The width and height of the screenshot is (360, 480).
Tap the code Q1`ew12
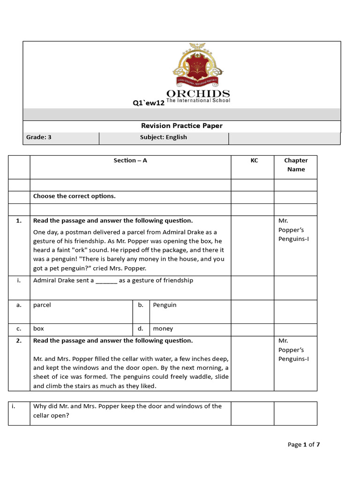point(149,103)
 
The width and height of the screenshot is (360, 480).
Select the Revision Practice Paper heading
point(182,126)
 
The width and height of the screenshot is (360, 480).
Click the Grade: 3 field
point(39,137)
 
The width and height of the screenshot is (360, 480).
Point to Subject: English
point(163,137)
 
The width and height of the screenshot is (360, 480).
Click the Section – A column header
point(130,160)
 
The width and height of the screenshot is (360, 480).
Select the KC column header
point(254,160)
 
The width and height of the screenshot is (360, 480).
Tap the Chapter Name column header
point(296,165)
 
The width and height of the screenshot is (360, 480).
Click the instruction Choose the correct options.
point(74,196)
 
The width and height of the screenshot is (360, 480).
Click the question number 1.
point(19,220)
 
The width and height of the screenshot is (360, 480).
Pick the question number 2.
point(19,341)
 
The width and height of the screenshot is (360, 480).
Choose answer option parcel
point(42,305)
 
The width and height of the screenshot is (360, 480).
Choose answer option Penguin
point(165,305)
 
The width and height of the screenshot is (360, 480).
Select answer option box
point(38,329)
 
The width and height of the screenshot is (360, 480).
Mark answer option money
point(163,329)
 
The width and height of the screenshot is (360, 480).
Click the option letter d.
point(140,329)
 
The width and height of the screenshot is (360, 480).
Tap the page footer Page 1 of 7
point(303,444)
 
